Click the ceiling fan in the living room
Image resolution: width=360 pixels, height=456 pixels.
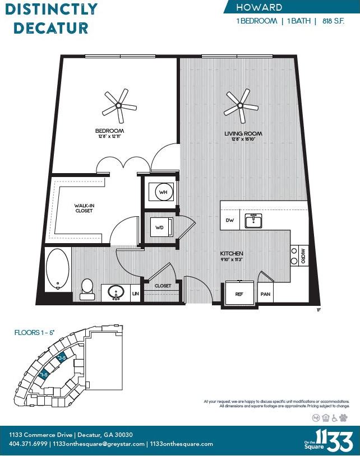[241, 105]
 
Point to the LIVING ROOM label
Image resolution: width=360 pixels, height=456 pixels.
[244, 133]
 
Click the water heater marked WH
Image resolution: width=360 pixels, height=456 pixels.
[163, 192]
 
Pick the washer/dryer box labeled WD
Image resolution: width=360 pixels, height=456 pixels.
[160, 228]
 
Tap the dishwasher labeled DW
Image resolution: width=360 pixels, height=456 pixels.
[229, 221]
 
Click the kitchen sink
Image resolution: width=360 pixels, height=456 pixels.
[253, 221]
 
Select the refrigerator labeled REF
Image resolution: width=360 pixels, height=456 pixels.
[239, 293]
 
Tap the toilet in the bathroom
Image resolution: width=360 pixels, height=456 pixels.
[87, 286]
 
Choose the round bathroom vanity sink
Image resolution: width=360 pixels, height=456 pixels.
[116, 292]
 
